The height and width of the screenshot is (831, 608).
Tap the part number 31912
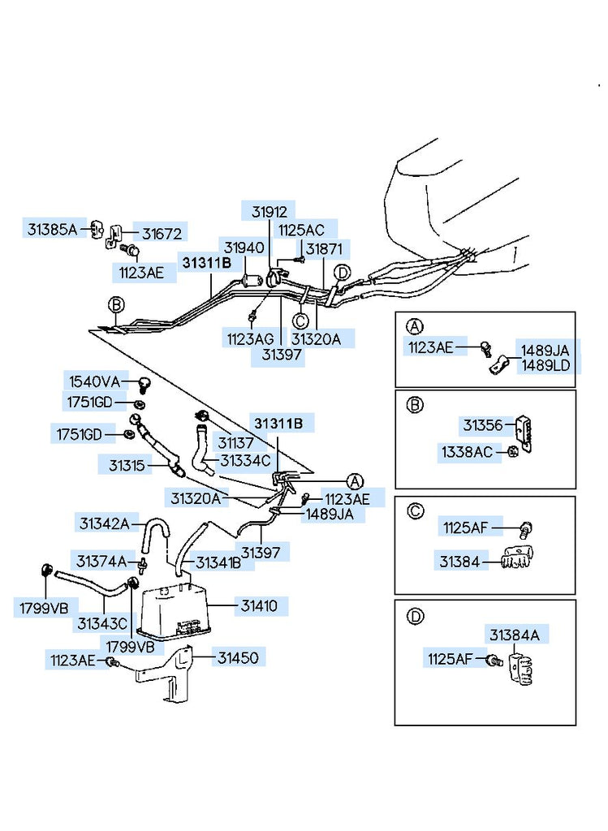268,212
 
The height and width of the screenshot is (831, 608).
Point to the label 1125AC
301,230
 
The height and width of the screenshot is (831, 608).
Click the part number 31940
244,248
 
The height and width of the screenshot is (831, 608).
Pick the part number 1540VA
93,381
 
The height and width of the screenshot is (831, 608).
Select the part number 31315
127,465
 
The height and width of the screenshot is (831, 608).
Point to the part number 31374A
101,561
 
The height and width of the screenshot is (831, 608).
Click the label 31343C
102,624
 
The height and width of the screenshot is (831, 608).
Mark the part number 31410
259,605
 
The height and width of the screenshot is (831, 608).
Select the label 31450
238,658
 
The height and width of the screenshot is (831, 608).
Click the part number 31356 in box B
483,424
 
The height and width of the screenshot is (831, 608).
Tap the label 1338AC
467,452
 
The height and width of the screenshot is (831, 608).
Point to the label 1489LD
545,365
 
